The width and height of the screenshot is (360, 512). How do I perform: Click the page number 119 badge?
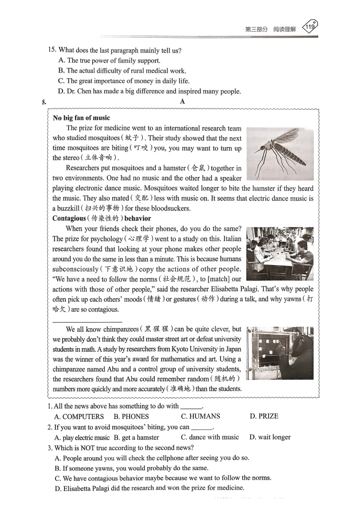click(310, 27)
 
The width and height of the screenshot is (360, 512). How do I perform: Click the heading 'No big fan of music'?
click(81, 118)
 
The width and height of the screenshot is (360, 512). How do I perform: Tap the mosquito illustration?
click(280, 154)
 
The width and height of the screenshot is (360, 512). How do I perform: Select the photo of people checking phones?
click(280, 254)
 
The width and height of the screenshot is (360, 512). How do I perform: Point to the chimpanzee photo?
click(280, 353)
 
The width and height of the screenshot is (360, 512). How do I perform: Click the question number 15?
click(52, 50)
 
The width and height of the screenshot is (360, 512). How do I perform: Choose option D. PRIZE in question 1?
click(264, 416)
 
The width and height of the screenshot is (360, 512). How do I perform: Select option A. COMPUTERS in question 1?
click(79, 416)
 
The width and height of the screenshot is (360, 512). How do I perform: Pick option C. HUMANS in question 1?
click(200, 416)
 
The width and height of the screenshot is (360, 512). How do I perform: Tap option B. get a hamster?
click(136, 437)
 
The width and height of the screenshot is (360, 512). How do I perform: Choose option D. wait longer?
click(270, 437)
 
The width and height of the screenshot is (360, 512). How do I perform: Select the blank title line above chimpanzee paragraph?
click(87, 321)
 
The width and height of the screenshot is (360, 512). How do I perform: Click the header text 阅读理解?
click(284, 29)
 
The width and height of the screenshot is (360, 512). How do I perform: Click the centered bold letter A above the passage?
click(182, 102)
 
